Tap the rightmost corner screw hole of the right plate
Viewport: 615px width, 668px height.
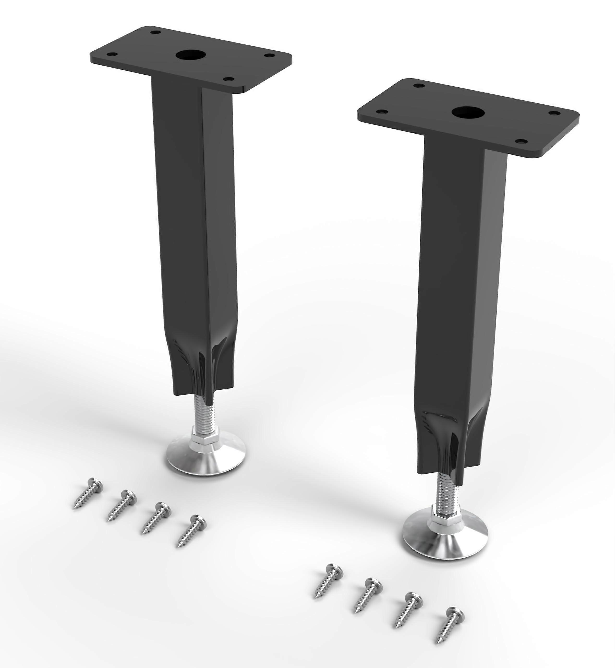554,114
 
